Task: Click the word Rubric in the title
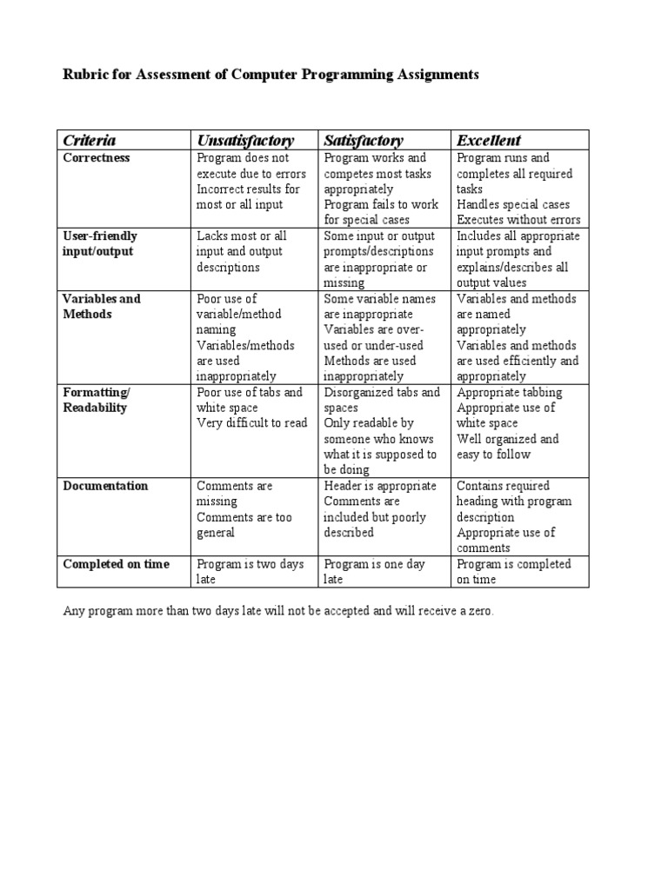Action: click(x=84, y=76)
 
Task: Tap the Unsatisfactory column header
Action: click(x=245, y=140)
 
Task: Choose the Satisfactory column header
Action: click(x=364, y=140)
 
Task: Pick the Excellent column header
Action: click(x=489, y=140)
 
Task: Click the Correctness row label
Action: click(x=97, y=158)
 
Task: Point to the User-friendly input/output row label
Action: click(x=100, y=243)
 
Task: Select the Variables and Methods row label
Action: click(x=101, y=306)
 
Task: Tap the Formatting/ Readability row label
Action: click(x=96, y=400)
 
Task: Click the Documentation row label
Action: click(x=105, y=486)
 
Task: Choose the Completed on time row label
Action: click(x=116, y=564)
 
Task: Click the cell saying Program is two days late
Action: click(x=250, y=571)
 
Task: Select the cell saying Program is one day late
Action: click(x=374, y=571)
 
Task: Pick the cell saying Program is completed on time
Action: click(x=513, y=571)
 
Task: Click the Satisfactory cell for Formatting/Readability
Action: click(x=382, y=430)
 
